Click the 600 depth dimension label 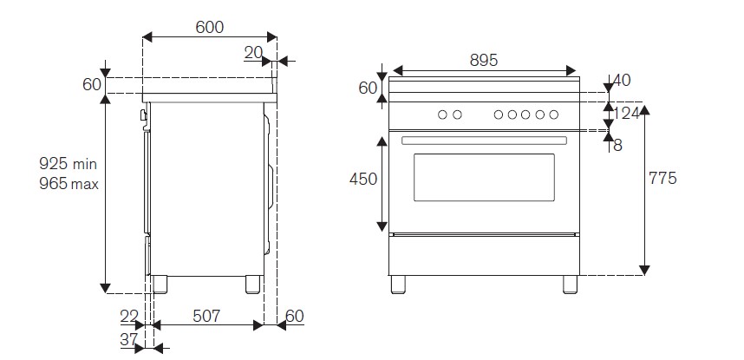[x=209, y=27]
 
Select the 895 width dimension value [x=483, y=60]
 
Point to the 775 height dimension [x=662, y=179]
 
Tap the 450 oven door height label [x=362, y=179]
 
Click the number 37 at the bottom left [x=128, y=340]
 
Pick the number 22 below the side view [x=128, y=317]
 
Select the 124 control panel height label [x=627, y=114]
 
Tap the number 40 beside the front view [x=621, y=81]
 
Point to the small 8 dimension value [x=617, y=145]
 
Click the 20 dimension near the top [x=253, y=53]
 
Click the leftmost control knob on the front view [x=442, y=115]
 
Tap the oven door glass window [x=484, y=177]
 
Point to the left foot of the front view [x=398, y=284]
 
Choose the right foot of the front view [x=570, y=284]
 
